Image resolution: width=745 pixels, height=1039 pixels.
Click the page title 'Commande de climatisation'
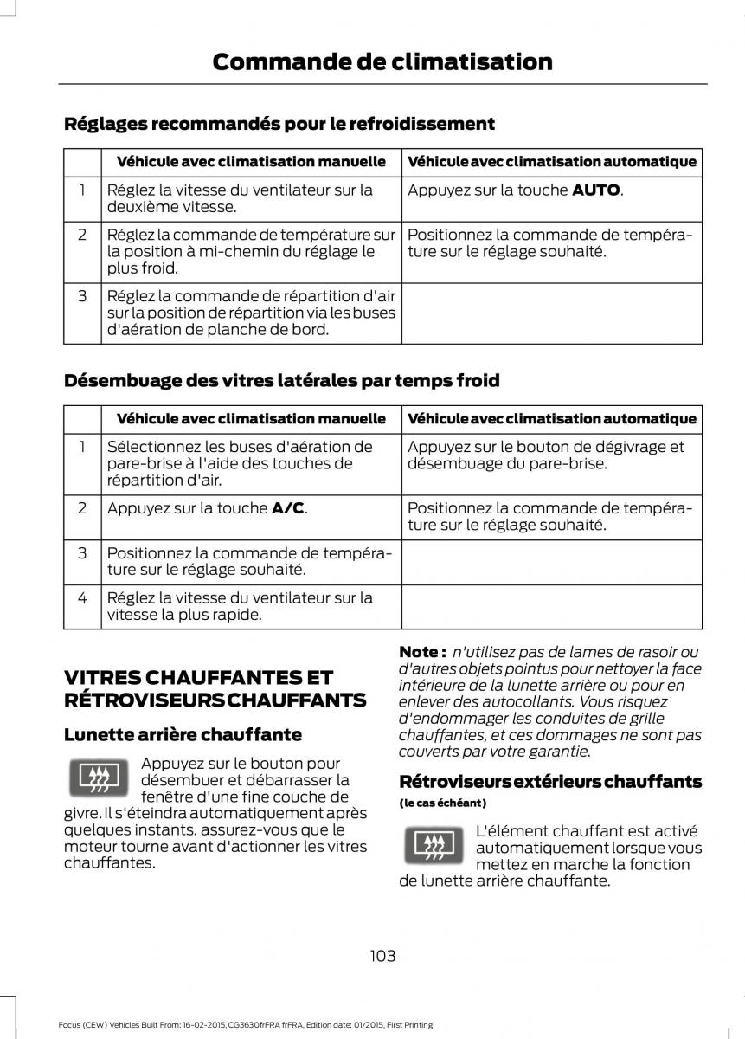point(382,61)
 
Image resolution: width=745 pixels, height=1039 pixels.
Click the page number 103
point(382,956)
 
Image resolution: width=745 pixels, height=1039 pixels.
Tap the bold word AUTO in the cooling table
point(596,190)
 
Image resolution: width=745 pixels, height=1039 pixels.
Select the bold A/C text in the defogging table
point(288,508)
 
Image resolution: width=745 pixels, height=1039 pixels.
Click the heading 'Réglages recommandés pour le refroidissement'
point(279,124)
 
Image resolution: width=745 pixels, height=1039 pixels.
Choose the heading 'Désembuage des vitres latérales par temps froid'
point(282,380)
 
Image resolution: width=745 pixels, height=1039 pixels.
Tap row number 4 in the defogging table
point(82,597)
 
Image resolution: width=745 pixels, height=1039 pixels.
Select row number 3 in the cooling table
point(82,295)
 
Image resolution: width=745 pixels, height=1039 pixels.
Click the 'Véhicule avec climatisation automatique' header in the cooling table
point(551,162)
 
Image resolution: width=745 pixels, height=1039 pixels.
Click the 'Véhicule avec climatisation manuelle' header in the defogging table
point(251,419)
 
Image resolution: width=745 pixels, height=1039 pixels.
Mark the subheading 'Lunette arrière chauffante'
point(183,734)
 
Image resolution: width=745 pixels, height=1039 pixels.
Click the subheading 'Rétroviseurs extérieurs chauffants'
point(549,781)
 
